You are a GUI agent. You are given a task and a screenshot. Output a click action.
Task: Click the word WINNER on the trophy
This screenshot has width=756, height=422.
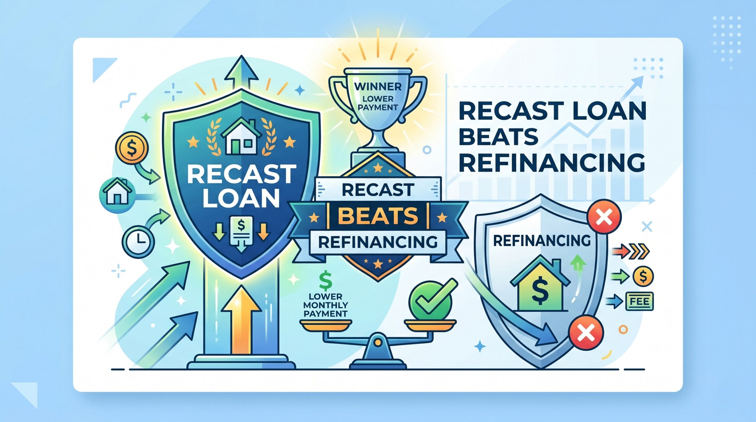(378, 87)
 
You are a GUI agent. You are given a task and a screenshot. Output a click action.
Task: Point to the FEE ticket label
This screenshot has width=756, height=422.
(639, 302)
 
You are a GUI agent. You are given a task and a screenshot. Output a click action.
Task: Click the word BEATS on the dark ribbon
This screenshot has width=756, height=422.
(378, 215)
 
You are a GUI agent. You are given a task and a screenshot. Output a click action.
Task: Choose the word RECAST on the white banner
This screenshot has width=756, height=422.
(378, 190)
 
